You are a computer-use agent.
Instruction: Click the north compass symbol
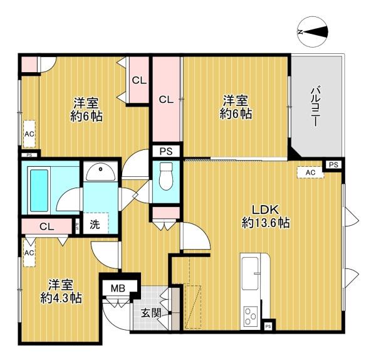pyautogui.click(x=313, y=32)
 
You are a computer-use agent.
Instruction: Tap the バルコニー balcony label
pyautogui.click(x=316, y=106)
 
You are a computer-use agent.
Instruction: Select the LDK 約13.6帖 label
pyautogui.click(x=266, y=216)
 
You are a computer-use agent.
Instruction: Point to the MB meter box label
pyautogui.click(x=118, y=289)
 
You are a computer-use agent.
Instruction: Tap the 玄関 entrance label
pyautogui.click(x=151, y=313)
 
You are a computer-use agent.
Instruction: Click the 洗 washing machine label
pyautogui.click(x=95, y=225)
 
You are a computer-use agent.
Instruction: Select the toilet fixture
pyautogui.click(x=166, y=176)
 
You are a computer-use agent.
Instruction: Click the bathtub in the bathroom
pyautogui.click(x=39, y=190)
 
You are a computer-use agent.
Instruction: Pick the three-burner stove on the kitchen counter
pyautogui.click(x=250, y=316)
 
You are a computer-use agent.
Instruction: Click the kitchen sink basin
pyautogui.click(x=250, y=273)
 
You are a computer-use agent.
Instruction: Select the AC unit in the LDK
pyautogui.click(x=310, y=172)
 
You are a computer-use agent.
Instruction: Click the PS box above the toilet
pyautogui.click(x=166, y=151)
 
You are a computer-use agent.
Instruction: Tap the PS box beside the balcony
pyautogui.click(x=333, y=165)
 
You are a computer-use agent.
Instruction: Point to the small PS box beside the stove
pyautogui.click(x=268, y=326)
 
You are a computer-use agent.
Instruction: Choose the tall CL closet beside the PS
pyautogui.click(x=167, y=99)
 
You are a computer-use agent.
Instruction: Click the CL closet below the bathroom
pyautogui.click(x=47, y=226)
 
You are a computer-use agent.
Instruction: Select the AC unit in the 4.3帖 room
pyautogui.click(x=29, y=253)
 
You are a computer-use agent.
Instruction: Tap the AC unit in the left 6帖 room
pyautogui.click(x=29, y=134)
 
